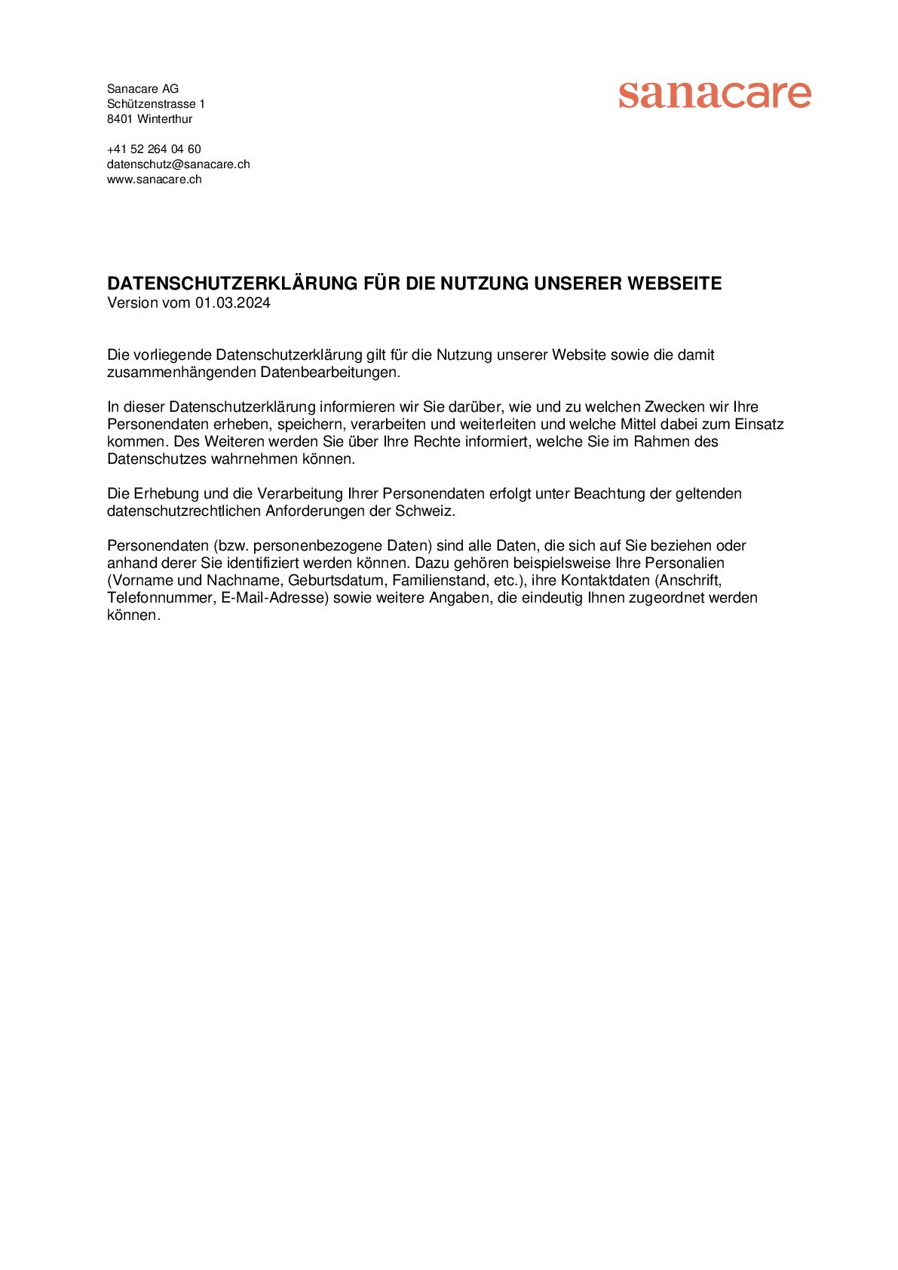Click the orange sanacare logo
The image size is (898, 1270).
click(714, 95)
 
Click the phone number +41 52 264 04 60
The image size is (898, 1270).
click(154, 149)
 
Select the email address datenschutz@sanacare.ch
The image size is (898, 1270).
click(178, 164)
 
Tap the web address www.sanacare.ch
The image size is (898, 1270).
click(154, 179)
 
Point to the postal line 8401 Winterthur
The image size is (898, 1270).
click(149, 119)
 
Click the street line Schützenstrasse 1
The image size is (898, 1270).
click(155, 104)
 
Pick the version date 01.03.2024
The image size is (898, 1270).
click(233, 303)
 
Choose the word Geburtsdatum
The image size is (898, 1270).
click(336, 581)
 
